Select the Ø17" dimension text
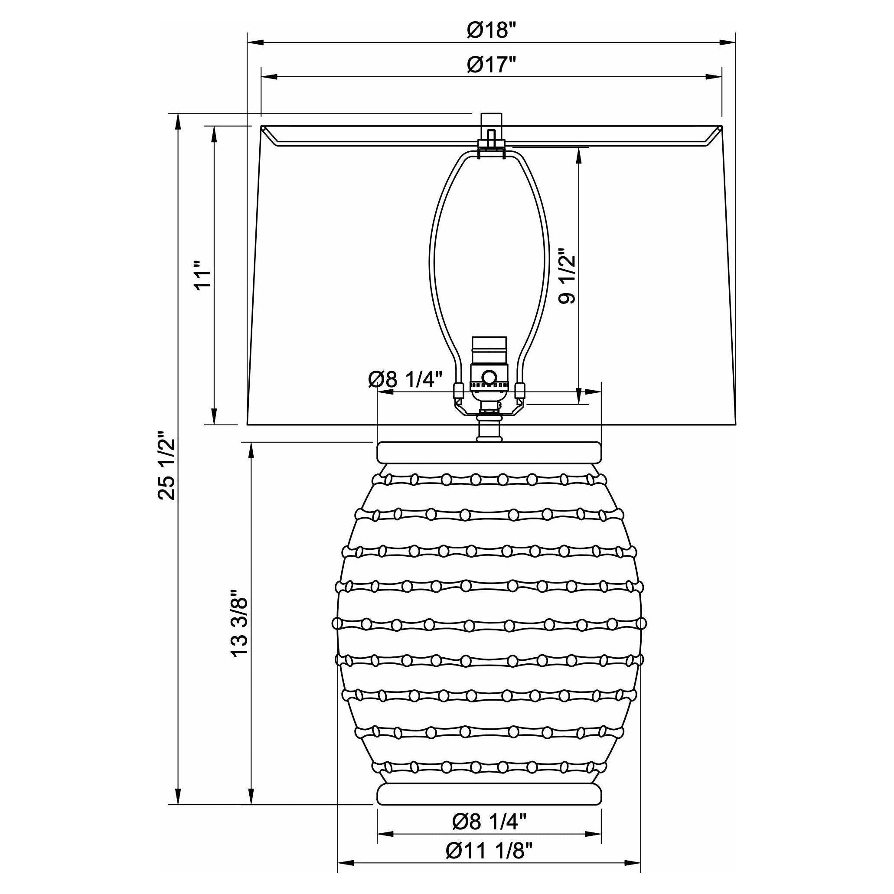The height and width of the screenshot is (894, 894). click(491, 65)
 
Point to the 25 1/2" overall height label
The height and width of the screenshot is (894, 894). click(167, 466)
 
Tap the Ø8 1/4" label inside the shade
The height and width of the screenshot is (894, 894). click(406, 380)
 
